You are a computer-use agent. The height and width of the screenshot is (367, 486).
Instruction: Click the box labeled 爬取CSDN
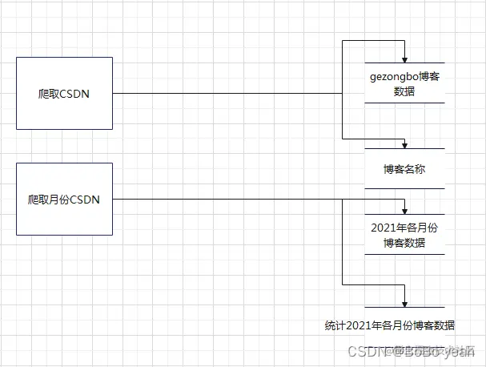click(x=64, y=93)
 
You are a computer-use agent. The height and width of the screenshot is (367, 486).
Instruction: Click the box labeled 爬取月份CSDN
click(x=64, y=199)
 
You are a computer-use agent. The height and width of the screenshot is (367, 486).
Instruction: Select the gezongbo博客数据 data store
click(x=404, y=83)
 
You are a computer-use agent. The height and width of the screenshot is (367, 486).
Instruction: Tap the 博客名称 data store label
click(x=404, y=169)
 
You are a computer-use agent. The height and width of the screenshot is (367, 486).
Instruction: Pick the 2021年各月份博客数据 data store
click(x=404, y=235)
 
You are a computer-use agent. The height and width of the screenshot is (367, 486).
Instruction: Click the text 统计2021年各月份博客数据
click(x=390, y=325)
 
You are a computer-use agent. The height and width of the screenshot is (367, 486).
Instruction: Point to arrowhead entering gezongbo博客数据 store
click(x=406, y=58)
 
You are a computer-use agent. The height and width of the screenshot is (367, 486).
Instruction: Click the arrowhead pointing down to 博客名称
click(x=406, y=144)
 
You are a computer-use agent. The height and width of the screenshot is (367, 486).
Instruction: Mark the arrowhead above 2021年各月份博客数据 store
click(x=406, y=210)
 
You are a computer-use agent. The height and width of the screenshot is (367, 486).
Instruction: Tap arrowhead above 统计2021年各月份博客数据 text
click(x=406, y=304)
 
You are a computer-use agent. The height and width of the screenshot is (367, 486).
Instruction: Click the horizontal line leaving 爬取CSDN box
click(x=224, y=93)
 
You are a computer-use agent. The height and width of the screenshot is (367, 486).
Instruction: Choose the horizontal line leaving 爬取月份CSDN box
click(x=224, y=199)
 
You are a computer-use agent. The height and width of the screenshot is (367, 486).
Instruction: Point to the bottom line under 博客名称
click(x=404, y=188)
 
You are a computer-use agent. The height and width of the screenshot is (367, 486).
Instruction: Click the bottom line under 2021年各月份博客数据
click(x=404, y=254)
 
